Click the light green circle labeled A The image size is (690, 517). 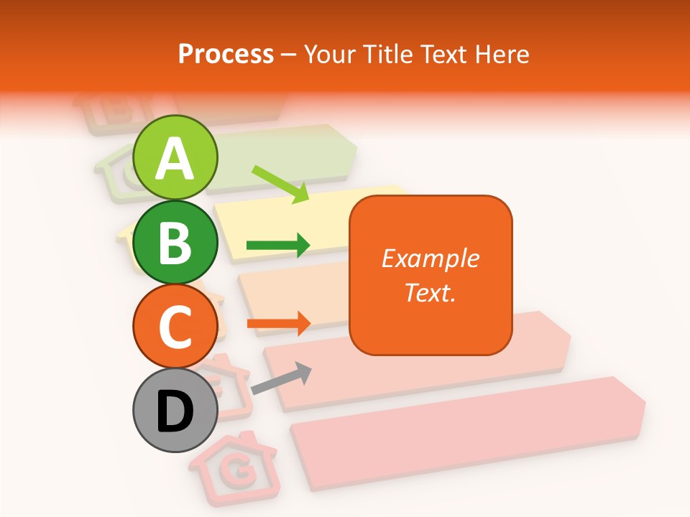click(x=175, y=157)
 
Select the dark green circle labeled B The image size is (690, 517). click(x=175, y=242)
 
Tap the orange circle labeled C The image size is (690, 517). click(x=175, y=326)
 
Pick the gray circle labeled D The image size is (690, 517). click(x=175, y=410)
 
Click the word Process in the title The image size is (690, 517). click(x=226, y=54)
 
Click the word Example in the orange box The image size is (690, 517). click(x=430, y=258)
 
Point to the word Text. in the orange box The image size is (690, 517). click(x=430, y=292)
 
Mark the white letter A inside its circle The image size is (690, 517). click(x=175, y=158)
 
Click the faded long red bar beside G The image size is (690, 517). click(x=467, y=431)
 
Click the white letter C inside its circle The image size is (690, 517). click(x=175, y=327)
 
